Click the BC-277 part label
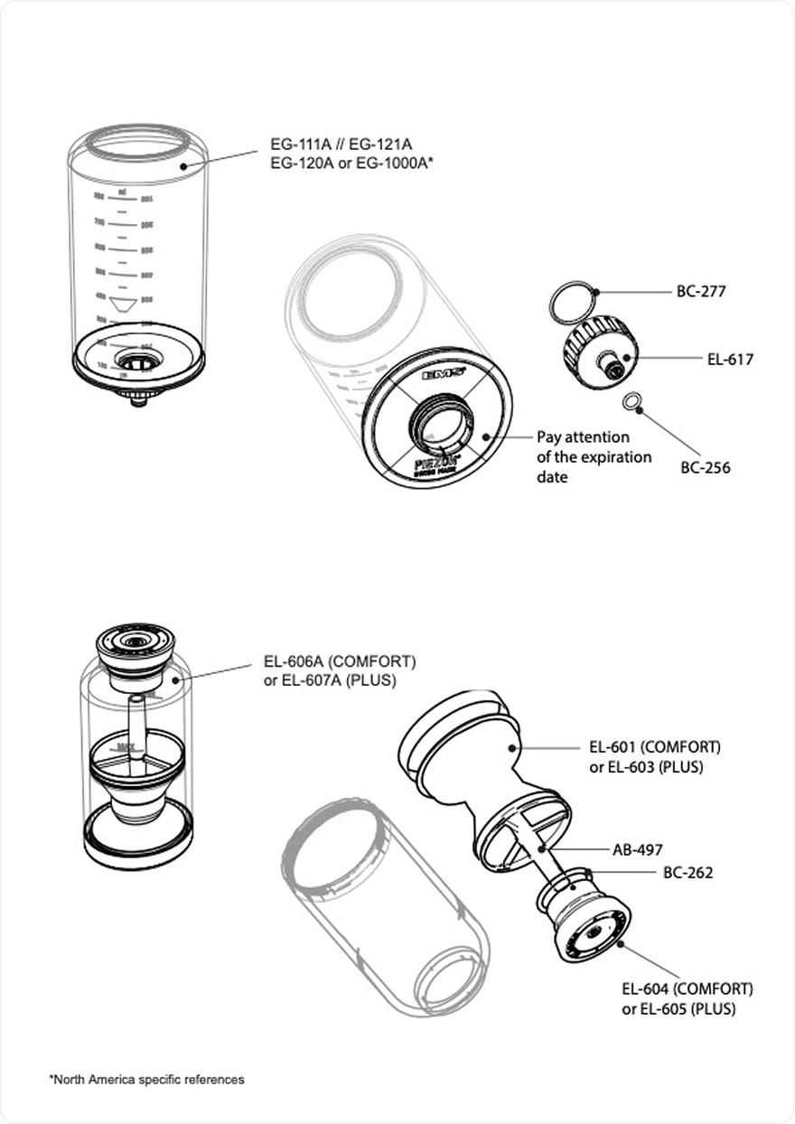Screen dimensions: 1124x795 701,292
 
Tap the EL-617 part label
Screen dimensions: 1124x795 730,359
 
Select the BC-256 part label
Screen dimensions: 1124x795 706,468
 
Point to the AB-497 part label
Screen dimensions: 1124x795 638,850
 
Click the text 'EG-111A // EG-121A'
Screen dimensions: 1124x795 341,144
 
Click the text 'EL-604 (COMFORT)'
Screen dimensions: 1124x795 687,988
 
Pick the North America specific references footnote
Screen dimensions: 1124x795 146,1079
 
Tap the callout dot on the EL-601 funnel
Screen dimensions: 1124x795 511,748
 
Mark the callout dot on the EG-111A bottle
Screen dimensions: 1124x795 182,166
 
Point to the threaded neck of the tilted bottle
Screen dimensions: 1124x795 440,420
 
